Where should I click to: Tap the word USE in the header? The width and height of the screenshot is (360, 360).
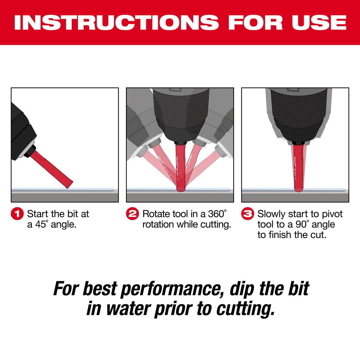click(x=319, y=22)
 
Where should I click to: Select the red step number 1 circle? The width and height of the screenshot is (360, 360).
click(x=17, y=214)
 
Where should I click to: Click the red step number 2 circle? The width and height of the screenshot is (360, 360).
click(x=132, y=214)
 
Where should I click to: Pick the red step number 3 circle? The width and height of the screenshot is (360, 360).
click(x=247, y=214)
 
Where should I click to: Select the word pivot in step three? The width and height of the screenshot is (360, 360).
click(x=332, y=214)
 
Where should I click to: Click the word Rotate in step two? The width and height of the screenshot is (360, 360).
click(x=156, y=214)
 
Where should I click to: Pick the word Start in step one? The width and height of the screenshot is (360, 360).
click(x=37, y=214)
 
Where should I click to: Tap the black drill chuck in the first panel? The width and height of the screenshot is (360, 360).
click(x=21, y=129)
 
